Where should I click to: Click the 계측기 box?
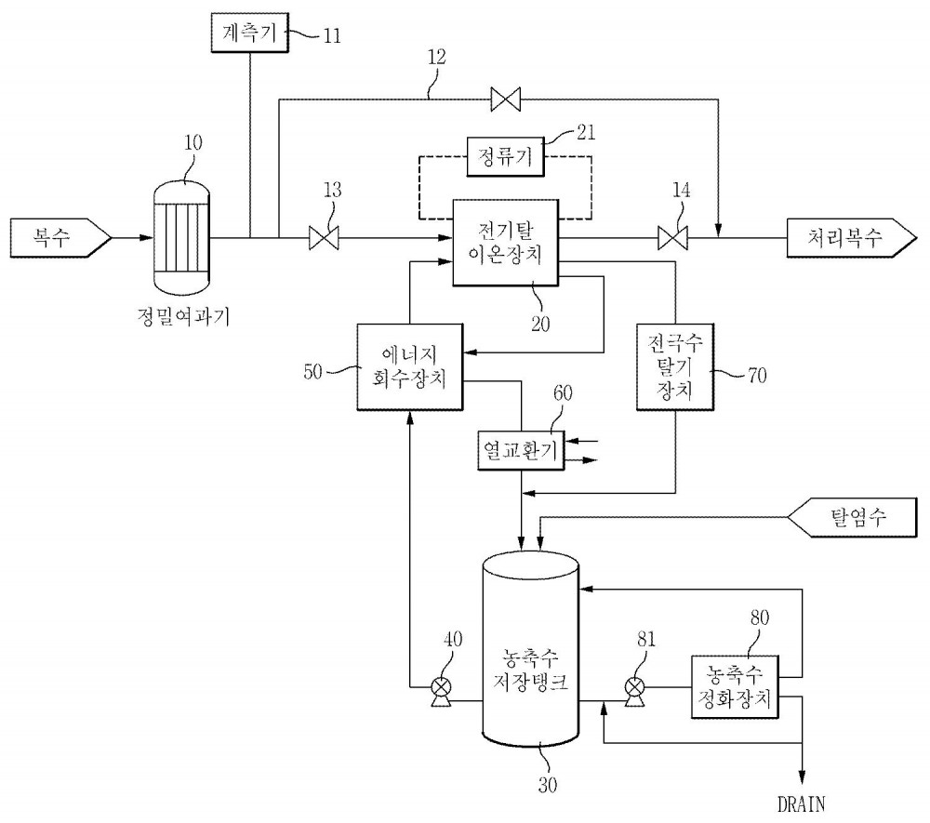(x=249, y=33)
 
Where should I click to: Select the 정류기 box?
(x=505, y=156)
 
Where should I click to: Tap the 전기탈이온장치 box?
(x=505, y=243)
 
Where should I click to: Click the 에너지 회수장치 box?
(x=410, y=366)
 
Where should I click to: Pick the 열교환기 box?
(x=521, y=451)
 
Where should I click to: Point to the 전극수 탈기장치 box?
(x=675, y=366)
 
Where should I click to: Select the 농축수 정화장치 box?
(x=735, y=686)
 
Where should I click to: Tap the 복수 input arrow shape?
(x=60, y=238)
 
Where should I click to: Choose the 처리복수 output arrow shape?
(x=852, y=238)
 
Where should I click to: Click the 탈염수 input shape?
(x=852, y=518)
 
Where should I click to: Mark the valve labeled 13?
(x=324, y=238)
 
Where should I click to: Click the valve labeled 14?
(x=672, y=238)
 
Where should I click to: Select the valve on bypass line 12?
(x=506, y=99)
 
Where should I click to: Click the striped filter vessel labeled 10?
(x=181, y=237)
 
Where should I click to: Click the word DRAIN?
(x=802, y=804)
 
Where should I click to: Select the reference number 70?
(x=757, y=376)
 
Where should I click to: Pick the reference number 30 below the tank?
(x=548, y=785)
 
